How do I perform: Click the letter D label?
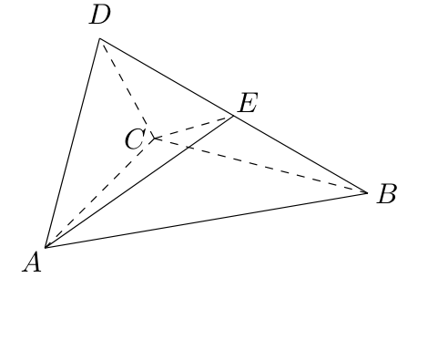click(x=100, y=15)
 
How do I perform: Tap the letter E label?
click(x=249, y=103)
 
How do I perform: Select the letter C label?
click(x=135, y=139)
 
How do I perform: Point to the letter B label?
click(x=386, y=193)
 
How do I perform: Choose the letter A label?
click(x=32, y=262)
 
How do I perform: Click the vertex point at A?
click(x=46, y=248)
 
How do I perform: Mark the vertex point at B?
click(x=367, y=192)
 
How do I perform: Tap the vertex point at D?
click(x=99, y=38)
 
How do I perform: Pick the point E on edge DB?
click(x=233, y=116)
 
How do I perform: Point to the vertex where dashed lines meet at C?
click(x=155, y=139)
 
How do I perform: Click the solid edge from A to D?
click(x=72, y=143)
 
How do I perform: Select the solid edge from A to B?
click(x=207, y=220)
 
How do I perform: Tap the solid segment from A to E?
click(x=139, y=181)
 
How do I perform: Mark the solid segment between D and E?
click(x=167, y=77)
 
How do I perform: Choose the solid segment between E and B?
click(x=301, y=154)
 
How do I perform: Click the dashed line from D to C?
click(x=127, y=88)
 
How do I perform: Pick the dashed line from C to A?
click(x=100, y=193)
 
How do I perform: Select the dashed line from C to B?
click(x=261, y=166)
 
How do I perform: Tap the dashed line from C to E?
click(x=194, y=128)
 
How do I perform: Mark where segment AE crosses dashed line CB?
click(x=189, y=147)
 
